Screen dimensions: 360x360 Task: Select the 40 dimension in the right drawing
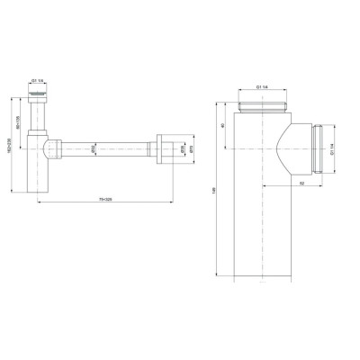(x=223, y=126)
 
